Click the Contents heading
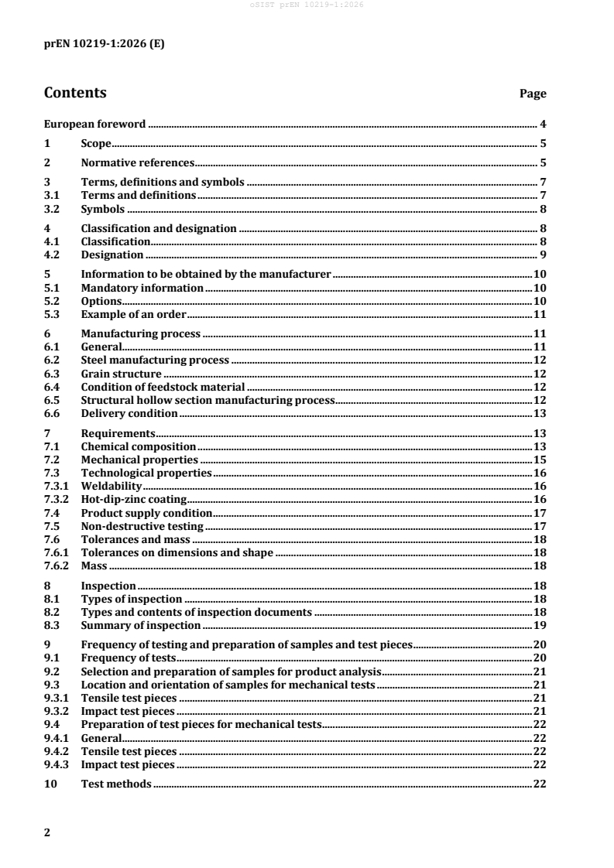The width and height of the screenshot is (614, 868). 75,93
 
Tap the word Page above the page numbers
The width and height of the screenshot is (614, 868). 533,94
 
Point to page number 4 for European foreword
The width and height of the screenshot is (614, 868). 543,124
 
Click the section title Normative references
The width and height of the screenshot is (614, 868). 136,163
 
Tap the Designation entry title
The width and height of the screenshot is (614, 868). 112,255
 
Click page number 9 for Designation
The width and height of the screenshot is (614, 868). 543,255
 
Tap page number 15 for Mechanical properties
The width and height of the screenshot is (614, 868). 540,460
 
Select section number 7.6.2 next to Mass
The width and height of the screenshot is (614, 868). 57,566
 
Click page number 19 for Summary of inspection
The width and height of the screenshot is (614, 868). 540,624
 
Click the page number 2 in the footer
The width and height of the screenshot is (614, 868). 47,832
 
